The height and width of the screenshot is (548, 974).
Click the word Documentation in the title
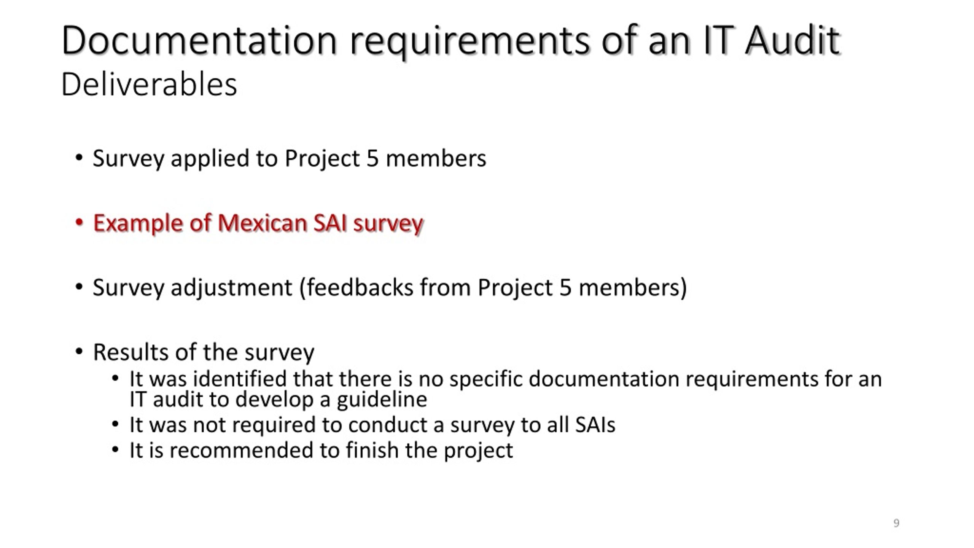(199, 40)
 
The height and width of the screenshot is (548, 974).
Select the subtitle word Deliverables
(149, 84)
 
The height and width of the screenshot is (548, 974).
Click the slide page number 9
(896, 523)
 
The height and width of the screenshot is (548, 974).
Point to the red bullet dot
(79, 222)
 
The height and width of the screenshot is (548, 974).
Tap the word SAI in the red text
(330, 223)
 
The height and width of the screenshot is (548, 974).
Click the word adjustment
(231, 288)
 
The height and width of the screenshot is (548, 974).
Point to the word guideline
(382, 400)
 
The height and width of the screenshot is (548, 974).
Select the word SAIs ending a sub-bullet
(595, 425)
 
